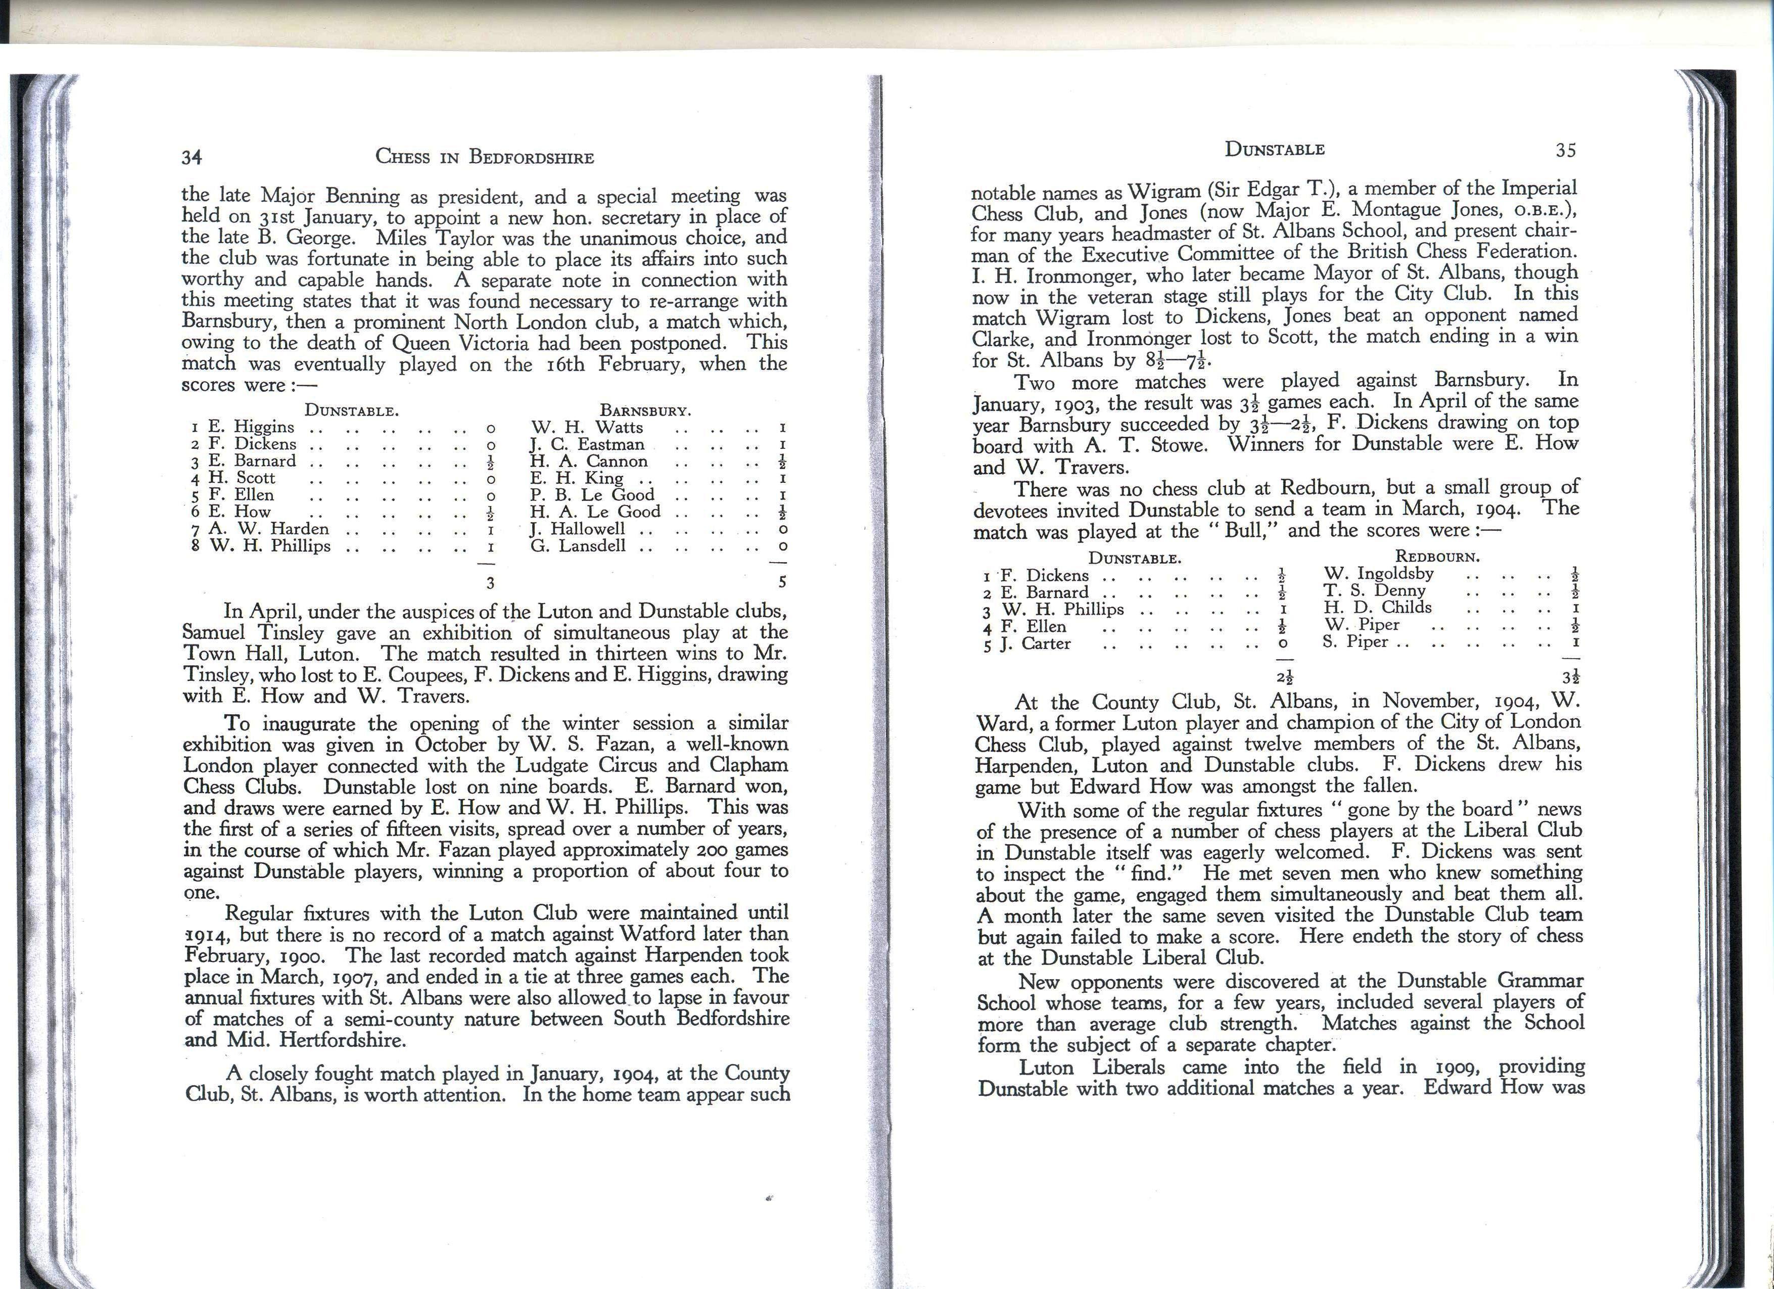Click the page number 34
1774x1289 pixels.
click(192, 157)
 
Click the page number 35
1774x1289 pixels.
click(1565, 150)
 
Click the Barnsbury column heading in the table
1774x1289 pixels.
click(645, 410)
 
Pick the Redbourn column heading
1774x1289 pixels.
click(1438, 557)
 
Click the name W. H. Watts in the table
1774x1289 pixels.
click(587, 427)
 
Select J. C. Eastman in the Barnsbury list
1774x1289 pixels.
click(587, 444)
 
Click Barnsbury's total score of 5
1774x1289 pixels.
click(782, 581)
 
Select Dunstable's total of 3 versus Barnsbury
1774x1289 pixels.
click(490, 582)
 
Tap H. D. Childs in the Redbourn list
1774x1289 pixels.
click(1377, 608)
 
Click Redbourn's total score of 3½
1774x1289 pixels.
click(1568, 676)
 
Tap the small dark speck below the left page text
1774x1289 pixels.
click(770, 1198)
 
